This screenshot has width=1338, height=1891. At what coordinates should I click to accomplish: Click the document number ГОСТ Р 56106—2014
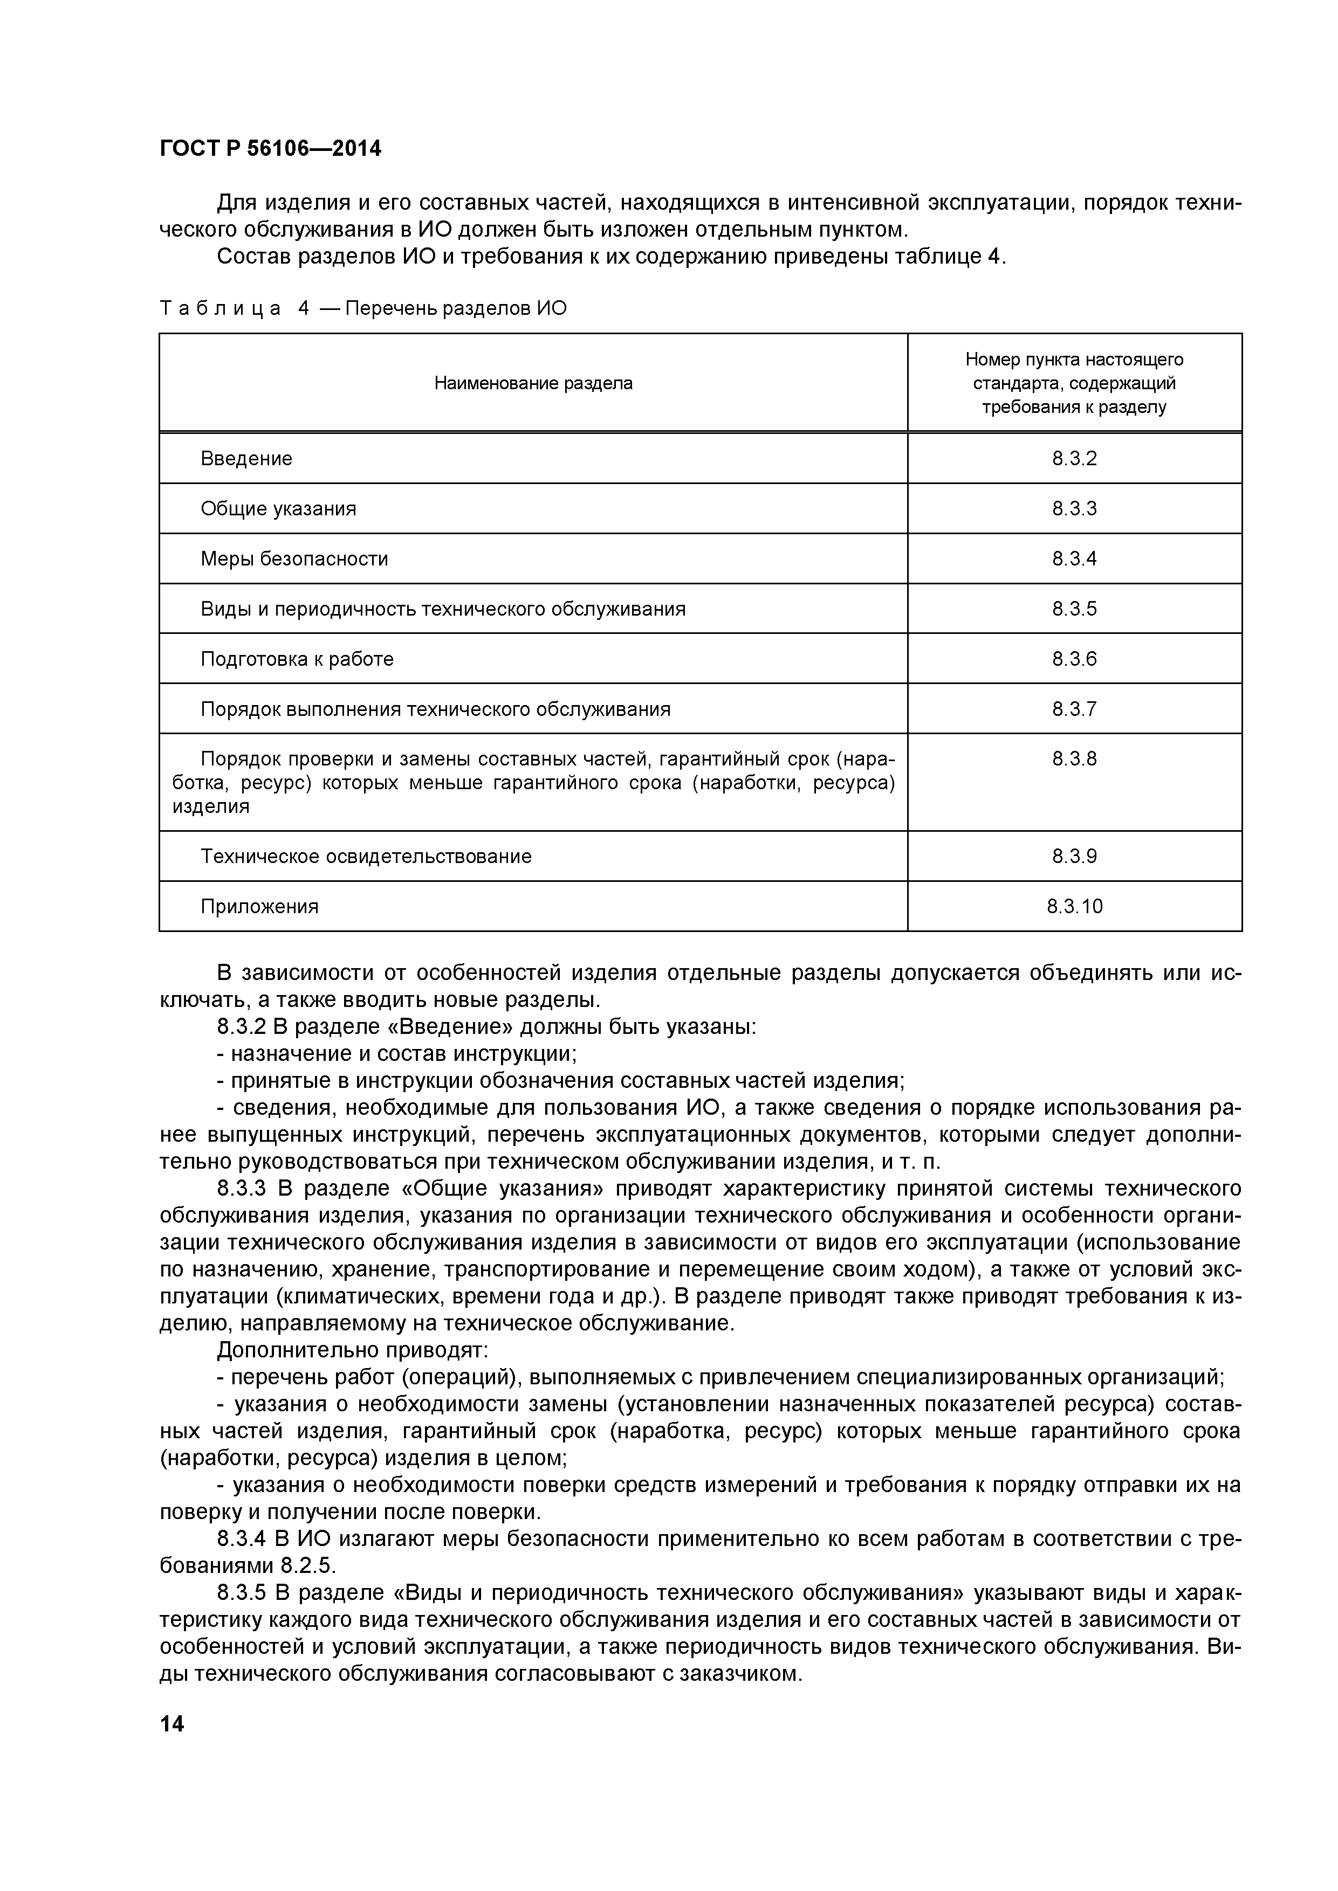click(270, 149)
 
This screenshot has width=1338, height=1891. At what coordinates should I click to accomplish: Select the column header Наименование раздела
click(533, 383)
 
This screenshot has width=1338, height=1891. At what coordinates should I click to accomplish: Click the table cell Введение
click(246, 459)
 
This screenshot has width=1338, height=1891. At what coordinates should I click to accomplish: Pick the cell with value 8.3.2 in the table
click(1074, 459)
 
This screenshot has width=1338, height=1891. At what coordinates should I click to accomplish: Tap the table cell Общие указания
click(278, 509)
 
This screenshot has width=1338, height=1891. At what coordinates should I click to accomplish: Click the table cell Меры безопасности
click(294, 559)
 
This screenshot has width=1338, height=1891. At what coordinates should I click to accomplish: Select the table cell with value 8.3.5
click(1074, 610)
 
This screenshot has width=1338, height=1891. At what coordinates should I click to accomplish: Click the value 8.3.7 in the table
click(1074, 709)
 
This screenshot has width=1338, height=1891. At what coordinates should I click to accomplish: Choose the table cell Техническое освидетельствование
click(366, 857)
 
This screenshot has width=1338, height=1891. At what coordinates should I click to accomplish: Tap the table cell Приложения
click(259, 907)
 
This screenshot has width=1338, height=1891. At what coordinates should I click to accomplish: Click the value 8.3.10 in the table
click(1074, 907)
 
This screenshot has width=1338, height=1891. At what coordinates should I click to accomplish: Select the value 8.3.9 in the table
click(1074, 857)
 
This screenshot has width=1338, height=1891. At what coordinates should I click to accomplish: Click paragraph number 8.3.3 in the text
click(242, 1189)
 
